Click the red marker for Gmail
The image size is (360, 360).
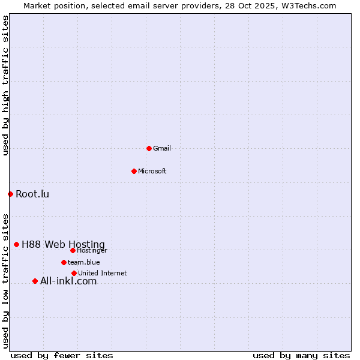click(149, 148)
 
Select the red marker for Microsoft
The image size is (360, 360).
click(134, 171)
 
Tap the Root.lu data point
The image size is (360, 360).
click(10, 194)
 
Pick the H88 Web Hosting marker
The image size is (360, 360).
click(16, 244)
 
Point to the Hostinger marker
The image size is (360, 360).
click(73, 250)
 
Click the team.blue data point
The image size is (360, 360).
click(64, 262)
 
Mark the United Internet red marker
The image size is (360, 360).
click(74, 273)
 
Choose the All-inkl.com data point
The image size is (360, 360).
click(35, 281)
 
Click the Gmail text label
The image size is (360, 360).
click(162, 148)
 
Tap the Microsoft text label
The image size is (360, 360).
click(152, 171)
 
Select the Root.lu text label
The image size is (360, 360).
click(32, 194)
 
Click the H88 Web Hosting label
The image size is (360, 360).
click(63, 244)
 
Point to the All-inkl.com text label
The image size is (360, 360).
click(68, 281)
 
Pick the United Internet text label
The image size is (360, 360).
click(103, 273)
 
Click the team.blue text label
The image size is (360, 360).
click(84, 262)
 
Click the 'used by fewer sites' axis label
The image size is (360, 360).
click(62, 355)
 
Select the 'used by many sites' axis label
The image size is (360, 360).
click(301, 355)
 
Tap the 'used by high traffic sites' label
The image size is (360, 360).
click(5, 85)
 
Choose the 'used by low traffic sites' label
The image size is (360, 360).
click(5, 280)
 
